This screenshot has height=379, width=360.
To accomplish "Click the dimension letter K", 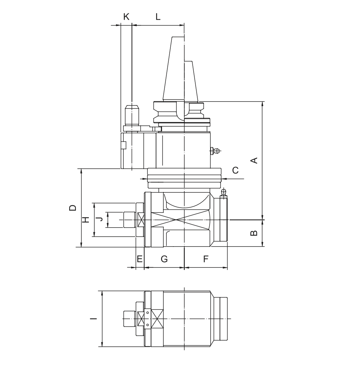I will (x=126, y=17).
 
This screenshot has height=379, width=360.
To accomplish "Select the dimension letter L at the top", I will (x=158, y=17).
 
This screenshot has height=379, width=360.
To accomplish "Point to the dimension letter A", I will (x=254, y=160).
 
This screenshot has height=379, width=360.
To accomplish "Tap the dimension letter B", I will (x=254, y=233).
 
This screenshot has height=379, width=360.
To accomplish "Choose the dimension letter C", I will (x=235, y=170).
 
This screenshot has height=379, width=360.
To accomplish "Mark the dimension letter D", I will (x=73, y=208).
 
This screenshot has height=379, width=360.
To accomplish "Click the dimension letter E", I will (x=140, y=259).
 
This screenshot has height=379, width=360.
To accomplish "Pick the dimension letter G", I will (x=164, y=259).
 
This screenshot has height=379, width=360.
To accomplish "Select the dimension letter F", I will (x=206, y=259).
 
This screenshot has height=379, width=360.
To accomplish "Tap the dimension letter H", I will (x=86, y=220).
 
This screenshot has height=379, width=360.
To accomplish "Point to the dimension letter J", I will (x=99, y=219).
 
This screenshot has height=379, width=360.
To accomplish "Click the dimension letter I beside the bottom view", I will (x=94, y=318).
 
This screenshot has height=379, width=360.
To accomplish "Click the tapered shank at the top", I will (x=180, y=70).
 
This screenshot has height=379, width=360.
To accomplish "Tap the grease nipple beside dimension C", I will (x=215, y=151).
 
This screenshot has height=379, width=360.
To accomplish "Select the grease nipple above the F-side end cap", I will (x=224, y=193).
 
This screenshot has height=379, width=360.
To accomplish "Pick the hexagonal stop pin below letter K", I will (x=132, y=115).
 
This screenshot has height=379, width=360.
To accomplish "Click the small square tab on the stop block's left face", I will (x=123, y=145).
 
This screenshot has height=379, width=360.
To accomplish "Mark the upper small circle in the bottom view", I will (x=147, y=313).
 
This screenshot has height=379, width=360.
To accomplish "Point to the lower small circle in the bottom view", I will (x=147, y=324).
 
